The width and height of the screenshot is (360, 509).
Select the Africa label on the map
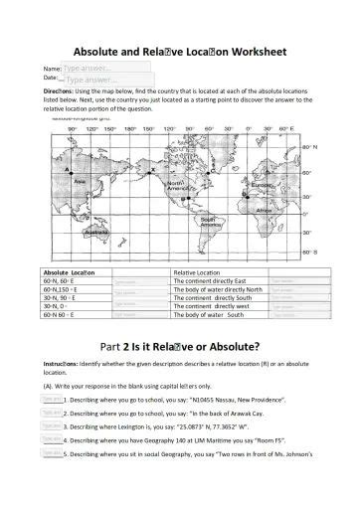click(264, 211)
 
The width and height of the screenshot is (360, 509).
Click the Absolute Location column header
click(70, 271)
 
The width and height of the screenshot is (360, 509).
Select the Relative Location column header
click(196, 271)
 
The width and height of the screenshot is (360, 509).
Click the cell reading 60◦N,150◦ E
click(62, 288)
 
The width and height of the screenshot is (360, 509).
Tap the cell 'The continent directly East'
click(209, 280)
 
